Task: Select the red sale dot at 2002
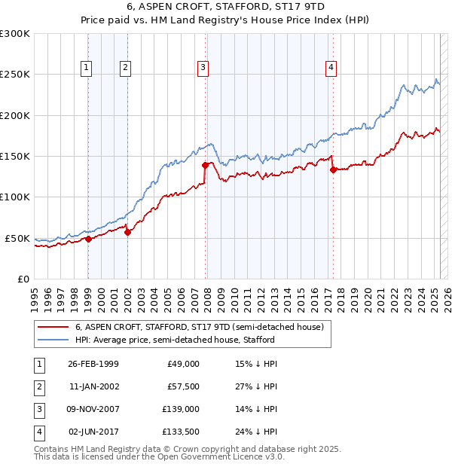[x=127, y=232]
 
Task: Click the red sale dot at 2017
[x=333, y=169]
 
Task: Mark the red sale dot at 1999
[x=88, y=239]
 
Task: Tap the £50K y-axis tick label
[x=17, y=238]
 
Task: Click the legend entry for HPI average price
[x=175, y=340]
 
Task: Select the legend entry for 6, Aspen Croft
[x=199, y=327]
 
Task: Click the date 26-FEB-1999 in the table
[x=93, y=364]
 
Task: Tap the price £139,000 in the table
[x=183, y=409]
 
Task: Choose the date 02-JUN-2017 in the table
[x=93, y=432]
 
